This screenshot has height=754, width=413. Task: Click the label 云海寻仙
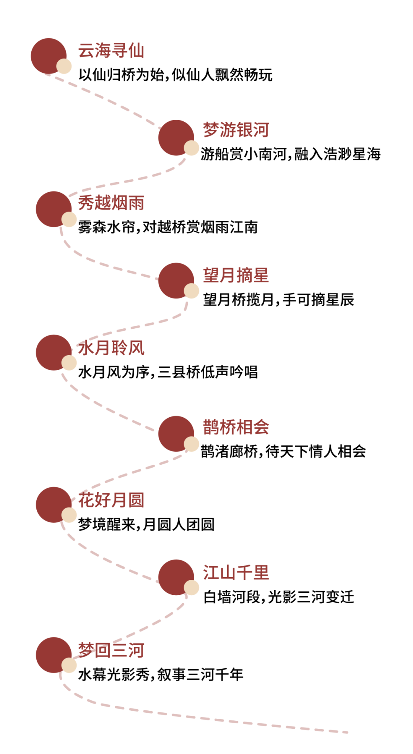click(x=111, y=51)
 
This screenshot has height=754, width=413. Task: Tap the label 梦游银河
click(x=236, y=130)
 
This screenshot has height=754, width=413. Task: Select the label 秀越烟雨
click(x=111, y=203)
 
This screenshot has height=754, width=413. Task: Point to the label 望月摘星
click(x=236, y=275)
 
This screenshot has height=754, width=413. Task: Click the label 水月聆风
click(x=111, y=348)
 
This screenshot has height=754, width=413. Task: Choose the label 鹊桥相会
click(x=236, y=427)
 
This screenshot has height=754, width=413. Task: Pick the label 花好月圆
click(x=111, y=500)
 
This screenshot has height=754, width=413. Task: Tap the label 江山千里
click(x=236, y=573)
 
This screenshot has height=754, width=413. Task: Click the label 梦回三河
click(x=111, y=650)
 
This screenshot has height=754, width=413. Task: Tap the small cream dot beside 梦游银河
click(x=192, y=148)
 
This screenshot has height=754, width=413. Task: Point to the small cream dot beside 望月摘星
click(x=192, y=291)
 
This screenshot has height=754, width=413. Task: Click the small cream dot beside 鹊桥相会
click(x=192, y=444)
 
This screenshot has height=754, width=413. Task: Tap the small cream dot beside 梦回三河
click(x=69, y=666)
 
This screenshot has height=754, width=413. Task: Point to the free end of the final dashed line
click(x=347, y=733)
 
